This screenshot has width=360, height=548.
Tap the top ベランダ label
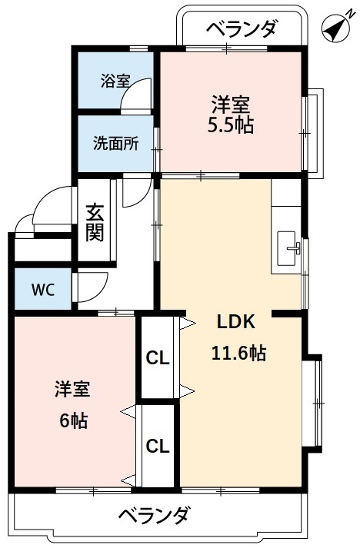point(242,30)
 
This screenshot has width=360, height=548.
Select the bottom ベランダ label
point(153,515)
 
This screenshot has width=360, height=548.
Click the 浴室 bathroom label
point(115,81)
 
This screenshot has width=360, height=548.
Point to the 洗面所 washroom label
point(116,143)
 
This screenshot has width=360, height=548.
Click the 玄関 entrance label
point(95,221)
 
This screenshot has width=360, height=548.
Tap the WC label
point(42,290)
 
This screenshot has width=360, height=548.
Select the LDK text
point(238,322)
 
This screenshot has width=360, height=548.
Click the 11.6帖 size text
point(238,354)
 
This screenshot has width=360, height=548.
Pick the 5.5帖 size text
point(231,126)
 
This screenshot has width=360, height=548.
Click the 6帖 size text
point(72,420)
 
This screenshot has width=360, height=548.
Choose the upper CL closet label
point(158,358)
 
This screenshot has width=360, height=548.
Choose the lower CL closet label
point(158,446)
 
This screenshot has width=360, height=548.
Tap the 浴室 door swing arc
point(139,98)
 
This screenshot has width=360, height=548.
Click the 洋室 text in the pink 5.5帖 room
point(231,103)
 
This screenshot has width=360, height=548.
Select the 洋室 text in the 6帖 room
point(72,390)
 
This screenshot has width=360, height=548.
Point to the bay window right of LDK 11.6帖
point(313,403)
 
